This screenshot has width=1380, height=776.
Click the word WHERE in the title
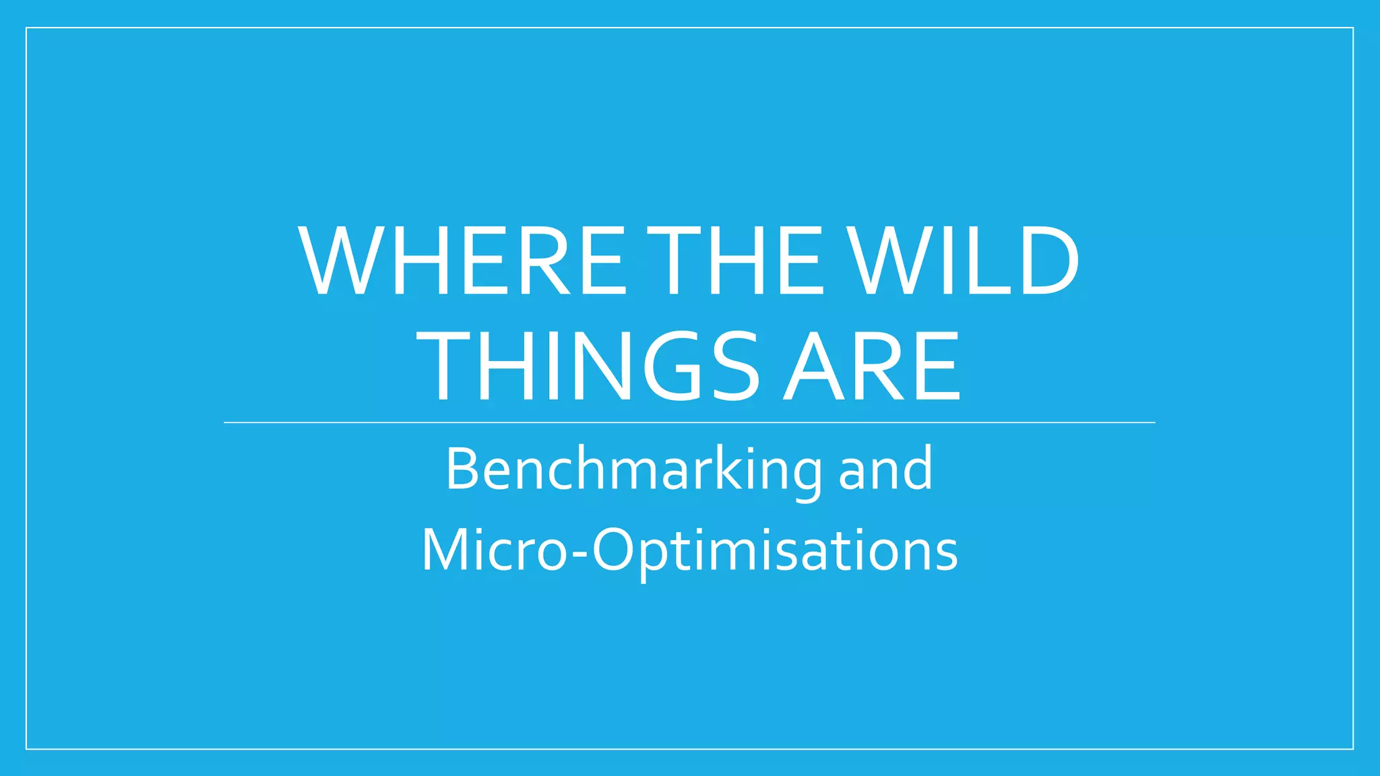tap(464, 261)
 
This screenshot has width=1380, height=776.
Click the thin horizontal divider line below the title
tap(689, 422)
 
